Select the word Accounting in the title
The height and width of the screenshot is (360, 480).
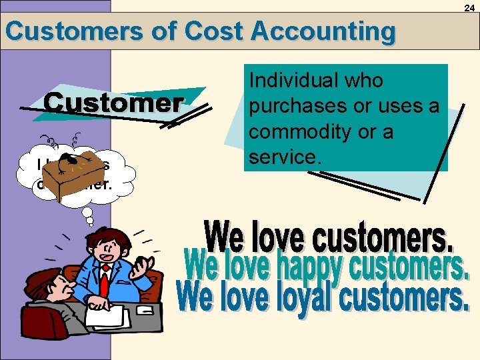click(323, 31)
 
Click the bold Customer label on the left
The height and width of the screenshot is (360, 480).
click(113, 103)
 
